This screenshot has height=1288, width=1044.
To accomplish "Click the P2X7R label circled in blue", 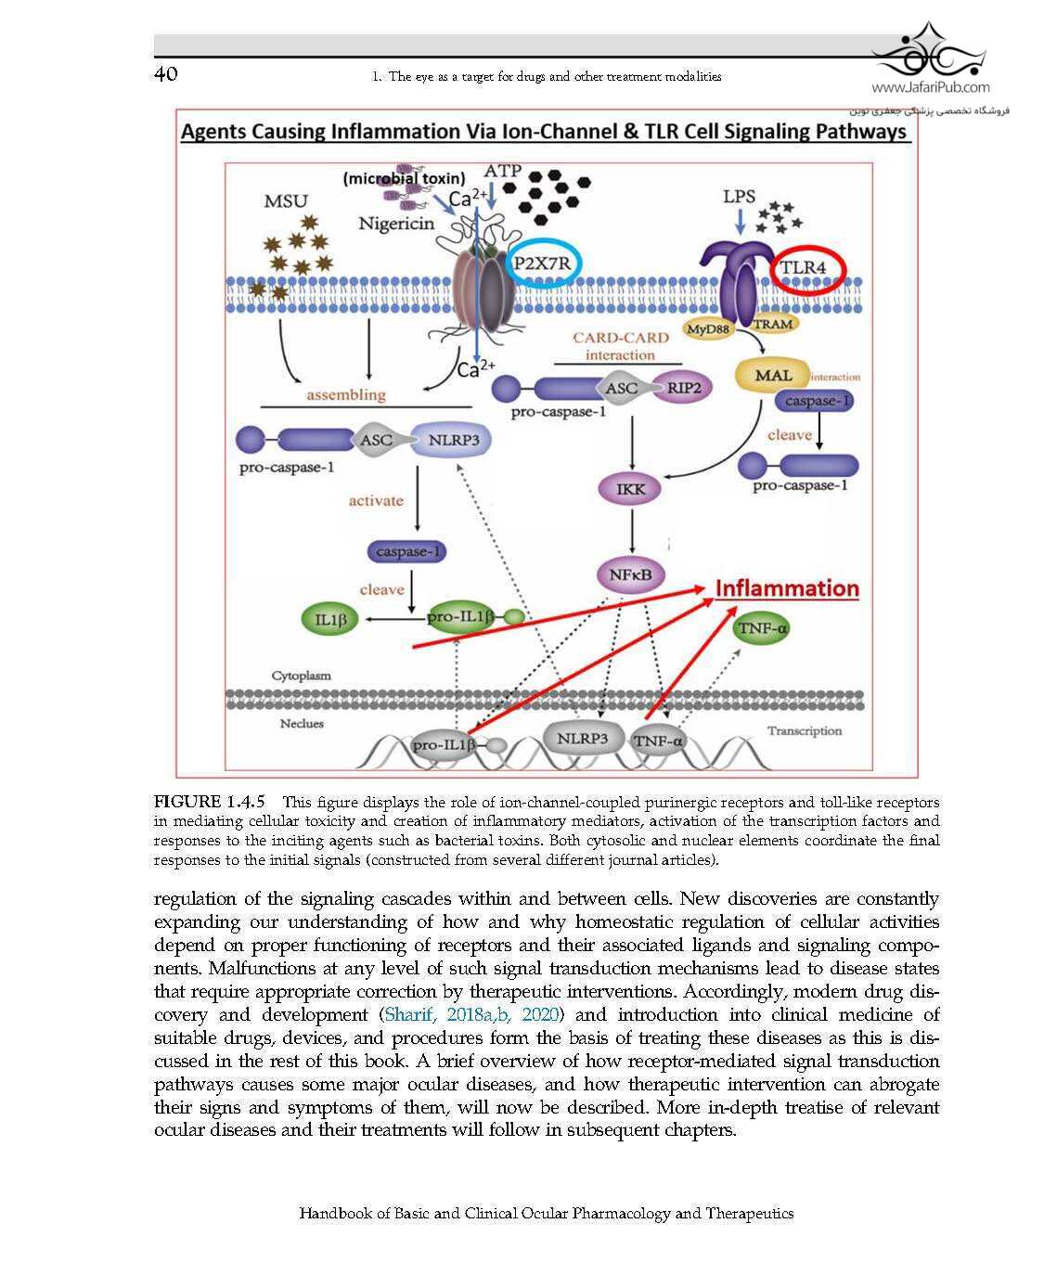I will click(x=543, y=264).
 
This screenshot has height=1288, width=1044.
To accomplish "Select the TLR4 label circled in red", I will click(x=804, y=268).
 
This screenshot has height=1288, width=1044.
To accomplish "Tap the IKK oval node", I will click(x=631, y=489).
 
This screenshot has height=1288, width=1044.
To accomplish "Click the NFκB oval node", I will click(x=630, y=575).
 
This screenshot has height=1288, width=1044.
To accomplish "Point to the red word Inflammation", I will click(x=787, y=588).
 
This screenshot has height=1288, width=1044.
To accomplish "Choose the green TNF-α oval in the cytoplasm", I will click(x=762, y=629).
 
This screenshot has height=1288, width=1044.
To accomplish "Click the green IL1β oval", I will click(x=330, y=620).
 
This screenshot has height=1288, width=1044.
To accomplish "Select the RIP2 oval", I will click(x=683, y=388).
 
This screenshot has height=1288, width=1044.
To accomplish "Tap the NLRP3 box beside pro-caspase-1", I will click(x=453, y=440).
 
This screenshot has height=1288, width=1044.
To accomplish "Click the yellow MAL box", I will click(x=772, y=376).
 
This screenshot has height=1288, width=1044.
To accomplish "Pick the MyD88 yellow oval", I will click(x=709, y=328).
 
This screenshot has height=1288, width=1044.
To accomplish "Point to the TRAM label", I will click(x=773, y=324).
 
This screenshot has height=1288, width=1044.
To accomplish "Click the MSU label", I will click(x=286, y=201).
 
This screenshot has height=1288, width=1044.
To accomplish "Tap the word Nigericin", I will click(x=396, y=224).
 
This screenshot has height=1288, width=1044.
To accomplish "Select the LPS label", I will click(x=740, y=197).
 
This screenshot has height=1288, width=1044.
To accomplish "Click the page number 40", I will click(x=165, y=74).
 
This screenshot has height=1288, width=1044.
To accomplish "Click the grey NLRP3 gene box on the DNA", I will click(x=582, y=739).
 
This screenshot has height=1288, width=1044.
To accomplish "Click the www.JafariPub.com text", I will click(x=931, y=88).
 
